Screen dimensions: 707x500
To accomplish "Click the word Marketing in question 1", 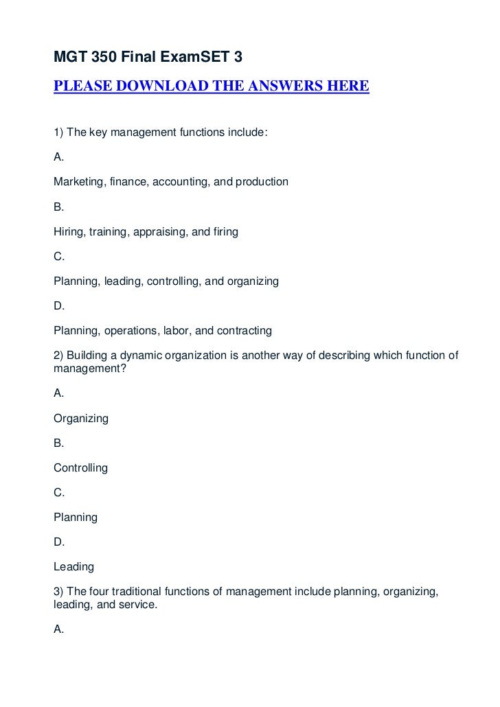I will click(x=77, y=182).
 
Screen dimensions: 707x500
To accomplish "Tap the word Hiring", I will click(x=67, y=231).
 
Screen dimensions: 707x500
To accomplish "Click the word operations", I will click(x=128, y=330).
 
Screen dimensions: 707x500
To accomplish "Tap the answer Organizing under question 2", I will click(x=80, y=417).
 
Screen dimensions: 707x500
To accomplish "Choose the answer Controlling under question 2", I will click(x=80, y=467).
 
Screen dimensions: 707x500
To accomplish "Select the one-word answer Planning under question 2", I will click(x=75, y=517).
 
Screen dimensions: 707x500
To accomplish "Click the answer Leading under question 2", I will click(x=73, y=566).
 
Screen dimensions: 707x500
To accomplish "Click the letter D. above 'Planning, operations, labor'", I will click(x=58, y=305).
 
